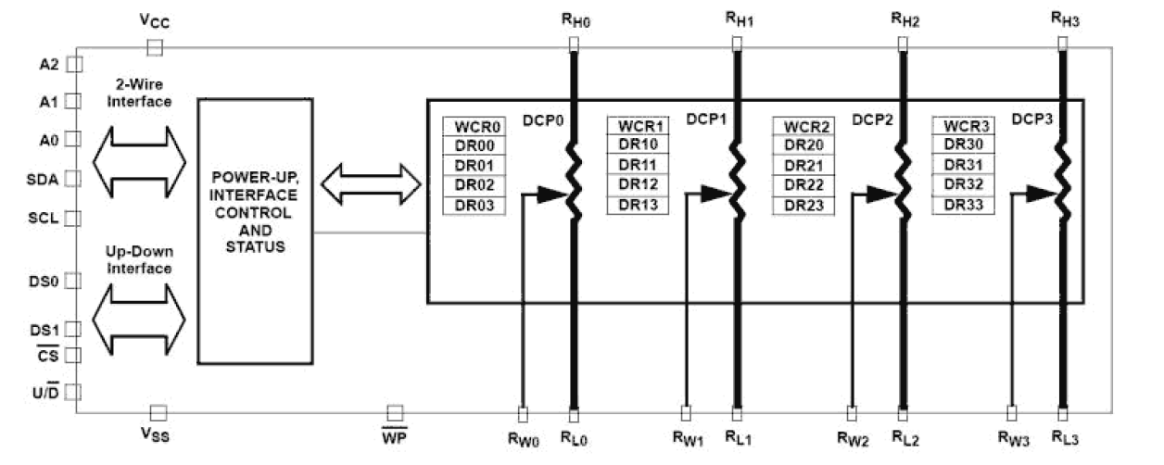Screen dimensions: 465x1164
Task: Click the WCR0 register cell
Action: [473, 126]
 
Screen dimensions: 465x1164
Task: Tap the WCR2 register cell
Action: [804, 126]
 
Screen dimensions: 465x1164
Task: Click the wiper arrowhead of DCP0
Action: [552, 194]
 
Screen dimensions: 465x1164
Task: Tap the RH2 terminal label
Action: [905, 18]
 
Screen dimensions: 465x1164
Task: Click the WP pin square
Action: [395, 411]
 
